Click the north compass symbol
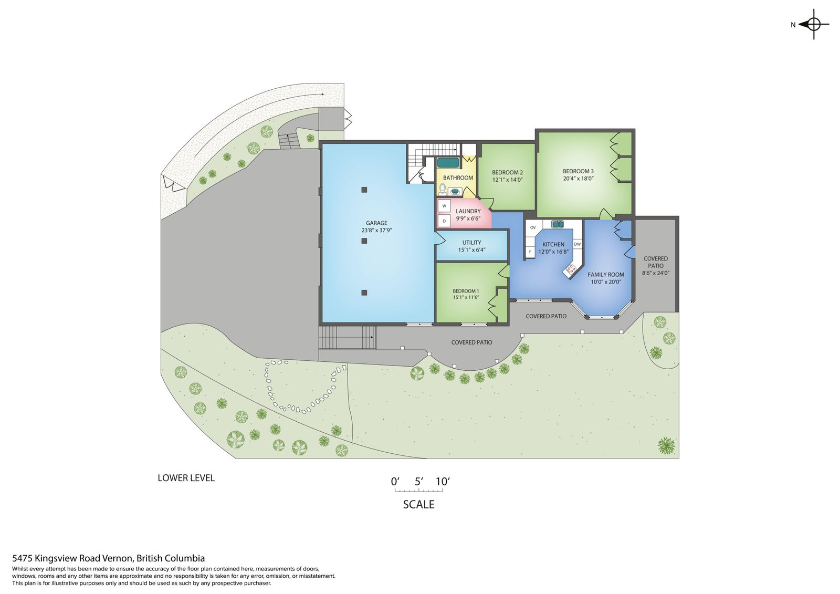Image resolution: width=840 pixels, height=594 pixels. [813, 25]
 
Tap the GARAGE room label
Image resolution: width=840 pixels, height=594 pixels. [376, 223]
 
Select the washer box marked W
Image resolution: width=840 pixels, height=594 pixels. [444, 206]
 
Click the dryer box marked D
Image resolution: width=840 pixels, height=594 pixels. [444, 221]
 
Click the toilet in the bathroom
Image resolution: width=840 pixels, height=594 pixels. [443, 189]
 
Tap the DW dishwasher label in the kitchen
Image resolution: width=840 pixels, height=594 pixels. [577, 244]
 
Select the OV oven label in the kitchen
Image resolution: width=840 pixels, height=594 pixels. [533, 227]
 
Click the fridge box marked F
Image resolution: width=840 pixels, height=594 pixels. [530, 252]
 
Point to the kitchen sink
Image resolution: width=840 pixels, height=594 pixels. [558, 224]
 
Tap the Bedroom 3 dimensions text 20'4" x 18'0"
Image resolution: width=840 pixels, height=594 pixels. [578, 179]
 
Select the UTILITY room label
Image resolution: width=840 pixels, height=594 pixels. [472, 243]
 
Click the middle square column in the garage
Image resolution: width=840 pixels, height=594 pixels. [364, 241]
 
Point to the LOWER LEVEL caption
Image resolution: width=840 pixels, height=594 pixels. [186, 478]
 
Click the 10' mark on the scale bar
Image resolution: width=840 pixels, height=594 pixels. [443, 481]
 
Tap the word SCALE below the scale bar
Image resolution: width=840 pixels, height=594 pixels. [418, 504]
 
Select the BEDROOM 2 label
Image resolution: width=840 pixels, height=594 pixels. [507, 173]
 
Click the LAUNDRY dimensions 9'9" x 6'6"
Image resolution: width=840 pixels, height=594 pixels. [468, 218]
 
